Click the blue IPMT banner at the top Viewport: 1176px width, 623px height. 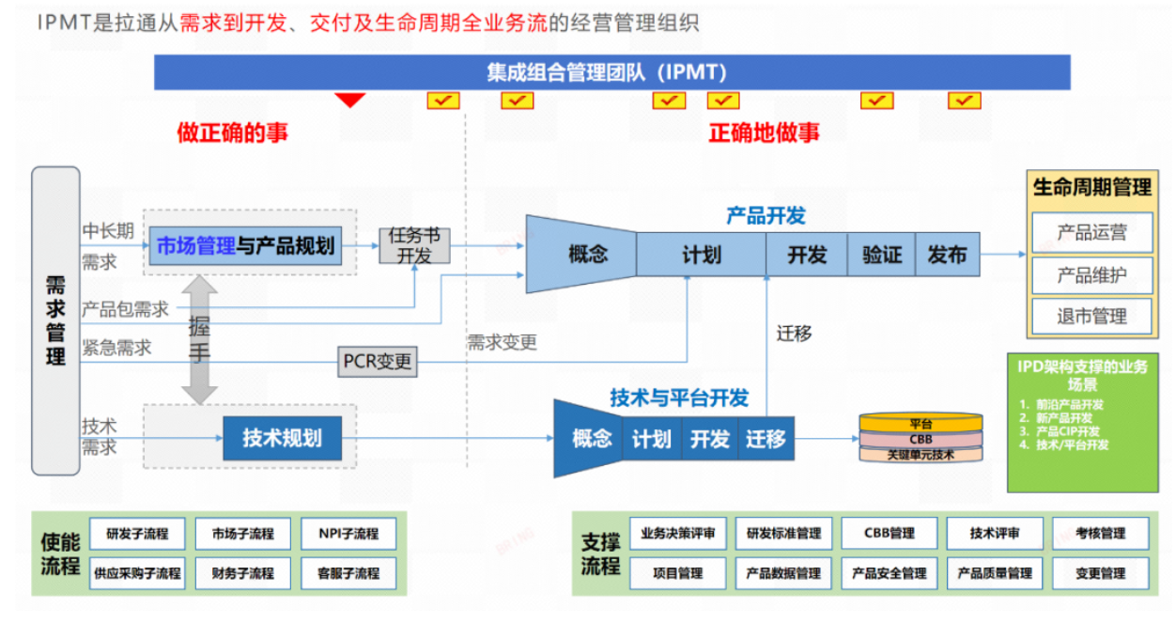click(611, 72)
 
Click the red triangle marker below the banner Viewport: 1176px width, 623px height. click(350, 100)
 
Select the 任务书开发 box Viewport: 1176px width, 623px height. click(414, 246)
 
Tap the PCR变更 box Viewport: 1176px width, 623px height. click(378, 362)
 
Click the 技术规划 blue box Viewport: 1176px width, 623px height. click(282, 438)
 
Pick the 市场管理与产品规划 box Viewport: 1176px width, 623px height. click(245, 246)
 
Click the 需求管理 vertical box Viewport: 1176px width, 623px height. click(55, 320)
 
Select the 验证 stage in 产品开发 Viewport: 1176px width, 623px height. click(881, 255)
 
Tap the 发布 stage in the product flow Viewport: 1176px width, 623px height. click(947, 255)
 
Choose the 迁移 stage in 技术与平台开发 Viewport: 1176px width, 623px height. click(766, 439)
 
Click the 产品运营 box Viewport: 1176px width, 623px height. click(1091, 232)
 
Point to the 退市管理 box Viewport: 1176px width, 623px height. click(1091, 317)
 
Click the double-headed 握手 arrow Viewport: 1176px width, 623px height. click(199, 338)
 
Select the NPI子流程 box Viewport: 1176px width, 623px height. click(348, 534)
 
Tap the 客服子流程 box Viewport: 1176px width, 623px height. click(348, 573)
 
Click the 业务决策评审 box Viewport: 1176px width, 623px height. click(678, 534)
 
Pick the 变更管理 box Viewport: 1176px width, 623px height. click(1100, 573)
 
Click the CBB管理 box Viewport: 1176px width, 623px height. click(889, 534)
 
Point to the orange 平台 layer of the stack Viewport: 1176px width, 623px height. click(921, 424)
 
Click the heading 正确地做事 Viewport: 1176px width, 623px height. click(764, 132)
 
